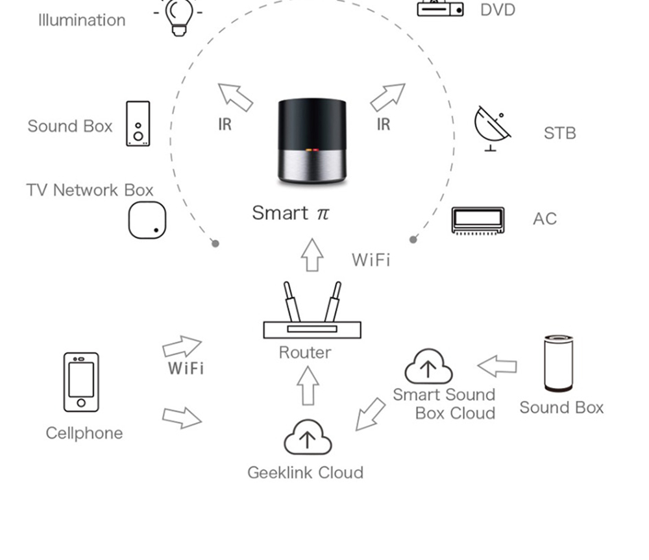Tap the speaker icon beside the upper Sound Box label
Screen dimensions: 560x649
click(138, 123)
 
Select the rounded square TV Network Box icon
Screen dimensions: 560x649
click(147, 220)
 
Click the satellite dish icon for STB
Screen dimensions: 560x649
click(491, 128)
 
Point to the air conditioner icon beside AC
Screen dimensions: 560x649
click(478, 220)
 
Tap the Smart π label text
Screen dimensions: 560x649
click(290, 213)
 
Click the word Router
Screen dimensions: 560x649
click(305, 352)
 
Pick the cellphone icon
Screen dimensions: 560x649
click(81, 382)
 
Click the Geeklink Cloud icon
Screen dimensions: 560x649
click(308, 437)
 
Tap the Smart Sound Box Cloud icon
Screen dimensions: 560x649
click(428, 367)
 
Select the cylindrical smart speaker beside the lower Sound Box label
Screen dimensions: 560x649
click(558, 363)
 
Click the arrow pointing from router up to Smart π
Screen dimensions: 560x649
click(312, 254)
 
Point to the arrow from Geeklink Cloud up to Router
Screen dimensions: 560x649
click(308, 385)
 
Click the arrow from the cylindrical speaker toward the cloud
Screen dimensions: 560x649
click(498, 366)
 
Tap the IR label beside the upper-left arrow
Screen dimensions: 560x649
click(225, 124)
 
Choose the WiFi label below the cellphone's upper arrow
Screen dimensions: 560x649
click(186, 369)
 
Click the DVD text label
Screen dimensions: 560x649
click(498, 10)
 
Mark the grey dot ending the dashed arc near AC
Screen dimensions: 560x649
click(413, 239)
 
